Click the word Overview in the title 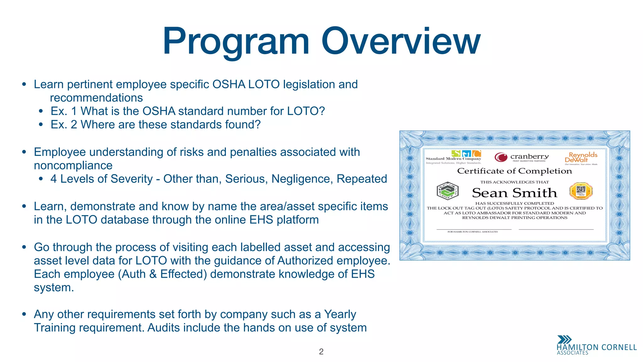point(401,41)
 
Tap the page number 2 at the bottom point(321,352)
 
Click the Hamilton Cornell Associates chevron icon point(564,340)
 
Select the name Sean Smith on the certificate point(514,193)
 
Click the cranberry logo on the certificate point(521,157)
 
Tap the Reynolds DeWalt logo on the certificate point(581,158)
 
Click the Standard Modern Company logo point(454,157)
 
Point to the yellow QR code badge point(581,191)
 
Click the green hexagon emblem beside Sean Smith point(448,191)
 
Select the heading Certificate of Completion point(514,171)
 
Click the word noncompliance point(73,165)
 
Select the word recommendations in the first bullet point(96,98)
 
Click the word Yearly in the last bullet point(340,314)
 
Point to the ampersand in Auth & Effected point(153,274)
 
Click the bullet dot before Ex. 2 point(41,125)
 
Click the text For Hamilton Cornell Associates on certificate point(473,232)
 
